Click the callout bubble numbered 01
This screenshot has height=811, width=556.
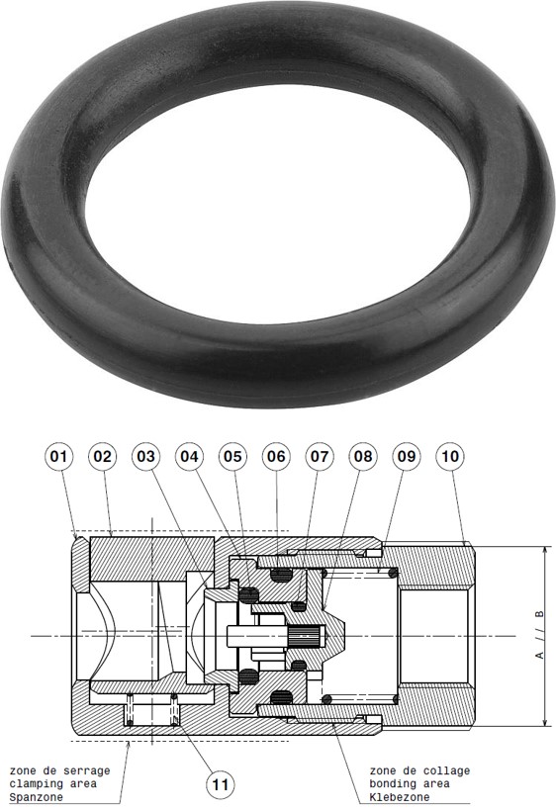tap(59, 456)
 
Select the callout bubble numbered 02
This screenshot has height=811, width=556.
tap(103, 456)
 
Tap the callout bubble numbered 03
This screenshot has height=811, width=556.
tap(146, 456)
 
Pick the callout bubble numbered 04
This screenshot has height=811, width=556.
tap(190, 456)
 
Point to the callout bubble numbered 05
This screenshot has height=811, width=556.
tap(233, 456)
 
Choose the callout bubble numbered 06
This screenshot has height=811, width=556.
tap(277, 456)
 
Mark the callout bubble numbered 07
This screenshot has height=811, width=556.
tap(321, 456)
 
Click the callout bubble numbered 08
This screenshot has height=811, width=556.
tap(364, 456)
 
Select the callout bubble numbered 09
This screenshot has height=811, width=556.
tap(407, 456)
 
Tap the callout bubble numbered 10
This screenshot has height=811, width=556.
tap(450, 456)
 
